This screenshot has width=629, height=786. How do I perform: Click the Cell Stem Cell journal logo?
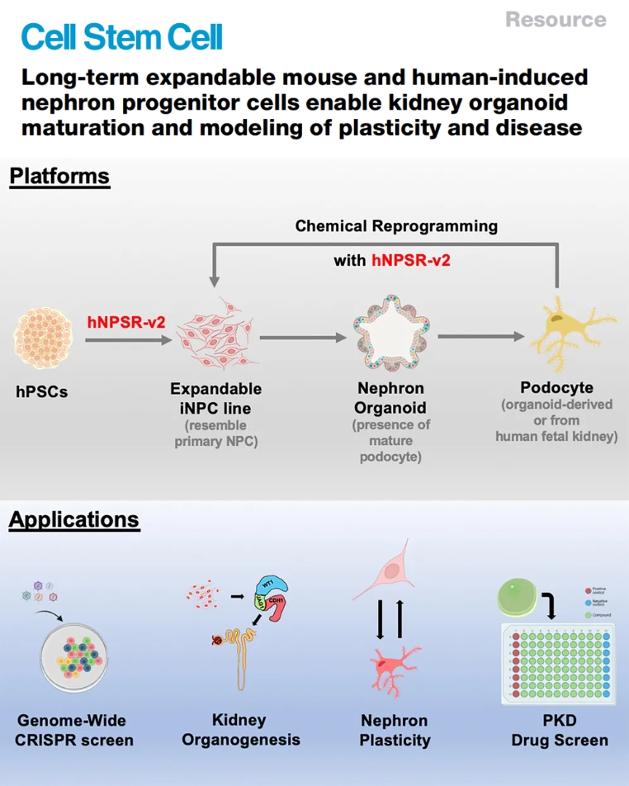pos(122,37)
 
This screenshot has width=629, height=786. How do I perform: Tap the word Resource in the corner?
pos(555,19)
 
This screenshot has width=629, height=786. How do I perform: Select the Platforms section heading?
pos(59,176)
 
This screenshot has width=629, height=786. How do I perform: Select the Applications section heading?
pos(74,520)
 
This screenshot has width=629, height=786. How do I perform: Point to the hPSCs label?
pos(42,392)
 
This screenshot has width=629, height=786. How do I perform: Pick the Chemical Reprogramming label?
pos(396,225)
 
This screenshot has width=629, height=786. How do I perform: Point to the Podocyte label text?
pos(556,387)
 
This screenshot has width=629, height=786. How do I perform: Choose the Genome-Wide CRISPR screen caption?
pos(73,730)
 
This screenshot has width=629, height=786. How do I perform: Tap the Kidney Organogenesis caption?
pos(239,730)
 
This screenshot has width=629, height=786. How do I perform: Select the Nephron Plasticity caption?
pos(395,730)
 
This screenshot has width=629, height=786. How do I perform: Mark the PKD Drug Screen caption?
pos(559,730)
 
